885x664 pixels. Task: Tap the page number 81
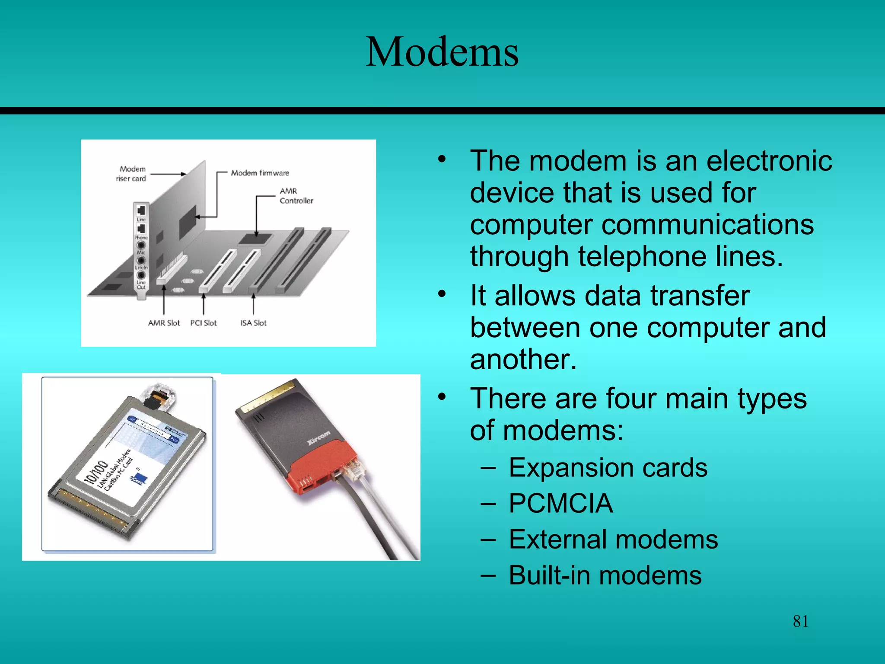tap(800, 621)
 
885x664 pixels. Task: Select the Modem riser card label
tap(131, 174)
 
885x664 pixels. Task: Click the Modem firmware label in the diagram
tap(260, 173)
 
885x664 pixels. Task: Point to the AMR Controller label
tap(296, 196)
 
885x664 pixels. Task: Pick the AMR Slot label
tap(164, 323)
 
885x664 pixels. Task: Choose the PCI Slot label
tap(203, 323)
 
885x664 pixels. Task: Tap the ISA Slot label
tap(253, 323)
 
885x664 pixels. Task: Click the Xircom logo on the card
tap(318, 437)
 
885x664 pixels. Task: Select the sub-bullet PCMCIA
tap(560, 504)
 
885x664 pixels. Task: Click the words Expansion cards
tap(608, 468)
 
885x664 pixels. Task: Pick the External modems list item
tap(613, 539)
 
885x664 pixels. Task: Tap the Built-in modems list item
tap(605, 575)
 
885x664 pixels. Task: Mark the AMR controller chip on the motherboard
tap(255, 239)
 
